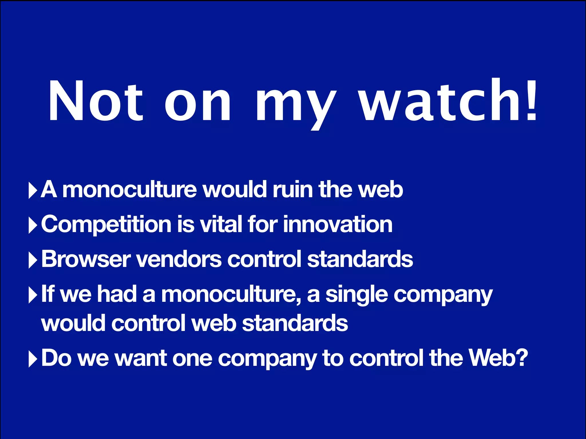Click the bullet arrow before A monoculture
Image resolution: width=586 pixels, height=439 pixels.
[33, 190]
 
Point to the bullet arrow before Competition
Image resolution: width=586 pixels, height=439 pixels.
[33, 225]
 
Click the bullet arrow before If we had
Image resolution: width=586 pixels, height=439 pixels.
[33, 295]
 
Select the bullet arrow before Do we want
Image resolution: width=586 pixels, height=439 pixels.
[33, 359]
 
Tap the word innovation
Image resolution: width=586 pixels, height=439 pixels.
[338, 224]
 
